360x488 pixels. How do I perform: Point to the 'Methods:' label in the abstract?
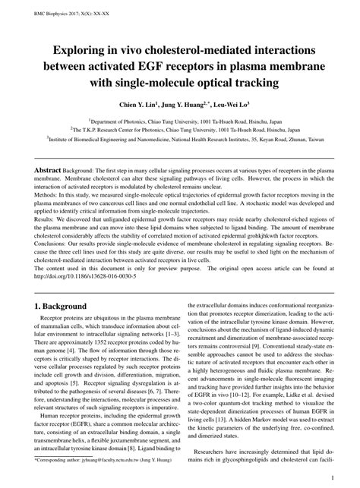(46, 195)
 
